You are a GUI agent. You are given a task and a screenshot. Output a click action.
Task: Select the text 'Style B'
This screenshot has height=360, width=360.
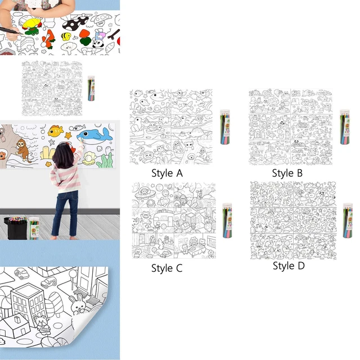click(x=287, y=173)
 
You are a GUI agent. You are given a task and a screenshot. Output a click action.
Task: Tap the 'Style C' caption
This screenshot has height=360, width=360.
click(x=167, y=268)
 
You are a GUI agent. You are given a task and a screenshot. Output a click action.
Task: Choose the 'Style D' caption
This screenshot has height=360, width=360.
click(x=288, y=266)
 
